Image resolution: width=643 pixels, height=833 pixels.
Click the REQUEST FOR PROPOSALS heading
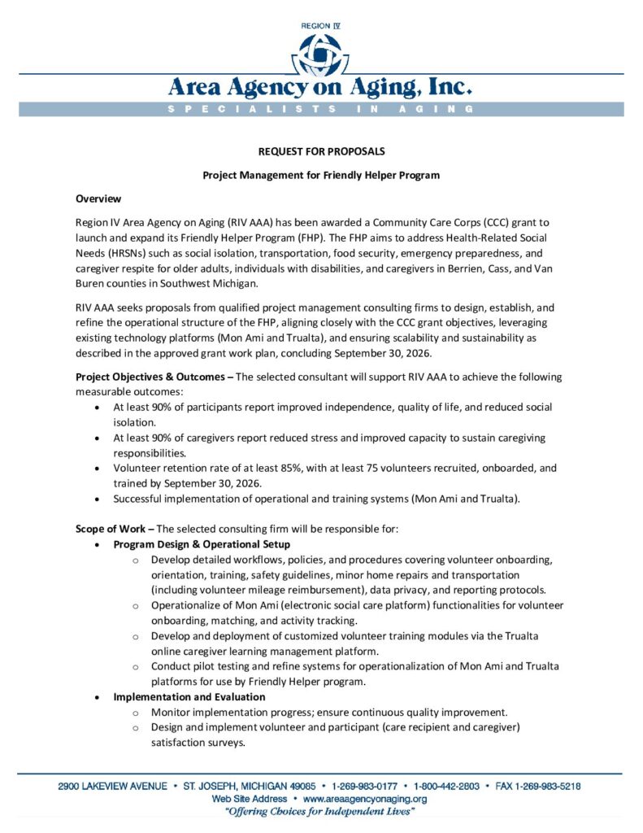[321, 151]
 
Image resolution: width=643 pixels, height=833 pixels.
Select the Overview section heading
[98, 198]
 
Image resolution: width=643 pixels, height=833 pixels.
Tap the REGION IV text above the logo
[321, 26]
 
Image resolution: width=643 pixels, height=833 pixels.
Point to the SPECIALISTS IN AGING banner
[321, 109]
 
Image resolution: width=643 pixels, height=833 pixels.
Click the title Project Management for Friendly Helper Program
[321, 175]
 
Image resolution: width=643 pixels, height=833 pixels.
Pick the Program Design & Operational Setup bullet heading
[202, 544]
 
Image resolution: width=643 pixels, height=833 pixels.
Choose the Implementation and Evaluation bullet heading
[189, 697]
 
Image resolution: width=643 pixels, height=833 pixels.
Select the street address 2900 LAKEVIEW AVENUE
[113, 787]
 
